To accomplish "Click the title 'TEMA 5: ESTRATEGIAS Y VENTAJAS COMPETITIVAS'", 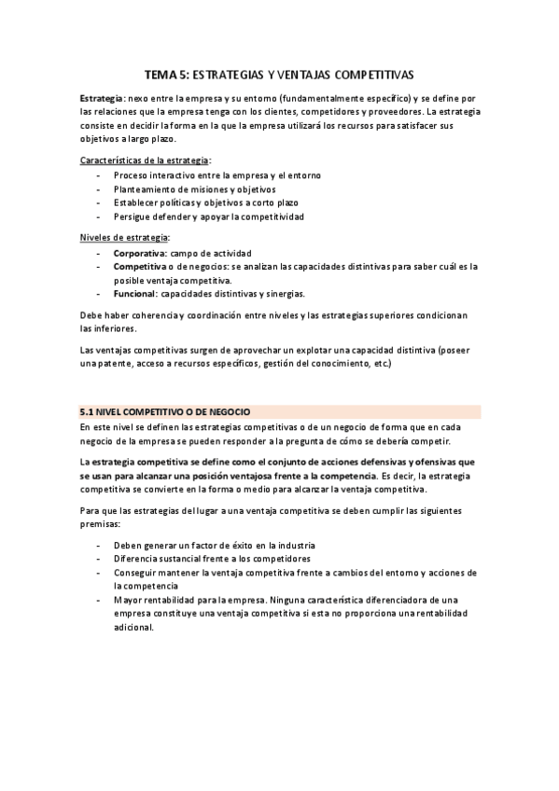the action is click(x=279, y=72).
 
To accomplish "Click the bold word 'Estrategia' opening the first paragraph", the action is click(x=100, y=98).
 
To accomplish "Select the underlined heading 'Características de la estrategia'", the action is click(x=145, y=160).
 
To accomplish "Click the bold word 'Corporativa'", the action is click(x=140, y=252).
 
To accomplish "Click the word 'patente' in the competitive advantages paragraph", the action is click(x=110, y=364).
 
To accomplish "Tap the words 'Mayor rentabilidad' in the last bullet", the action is click(x=153, y=600).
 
